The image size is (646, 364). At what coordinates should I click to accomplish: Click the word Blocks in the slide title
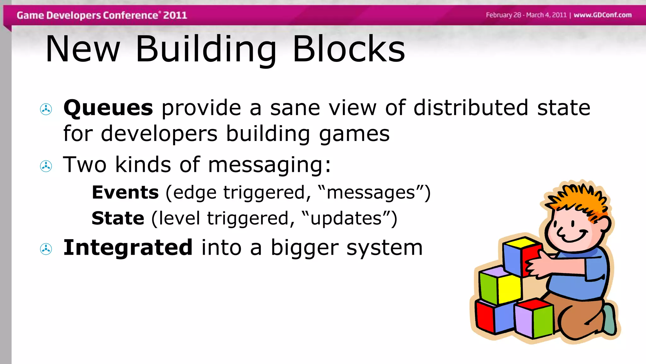click(349, 49)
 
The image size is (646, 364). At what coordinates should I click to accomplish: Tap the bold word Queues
click(108, 108)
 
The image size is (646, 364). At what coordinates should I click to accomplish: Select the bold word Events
click(125, 192)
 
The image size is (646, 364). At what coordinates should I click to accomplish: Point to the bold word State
click(118, 218)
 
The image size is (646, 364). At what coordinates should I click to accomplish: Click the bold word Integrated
click(128, 247)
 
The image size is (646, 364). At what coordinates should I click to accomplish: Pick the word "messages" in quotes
click(371, 193)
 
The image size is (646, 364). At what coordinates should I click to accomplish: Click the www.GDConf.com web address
click(602, 15)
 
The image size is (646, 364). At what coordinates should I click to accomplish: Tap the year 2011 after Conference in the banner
click(175, 15)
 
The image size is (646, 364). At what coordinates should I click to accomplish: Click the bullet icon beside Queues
click(46, 109)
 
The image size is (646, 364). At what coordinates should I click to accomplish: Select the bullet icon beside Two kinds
click(46, 166)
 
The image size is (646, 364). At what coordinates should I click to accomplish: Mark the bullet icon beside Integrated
click(46, 249)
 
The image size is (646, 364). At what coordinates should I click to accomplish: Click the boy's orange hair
click(580, 199)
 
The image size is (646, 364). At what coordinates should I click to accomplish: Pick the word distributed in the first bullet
click(471, 108)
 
